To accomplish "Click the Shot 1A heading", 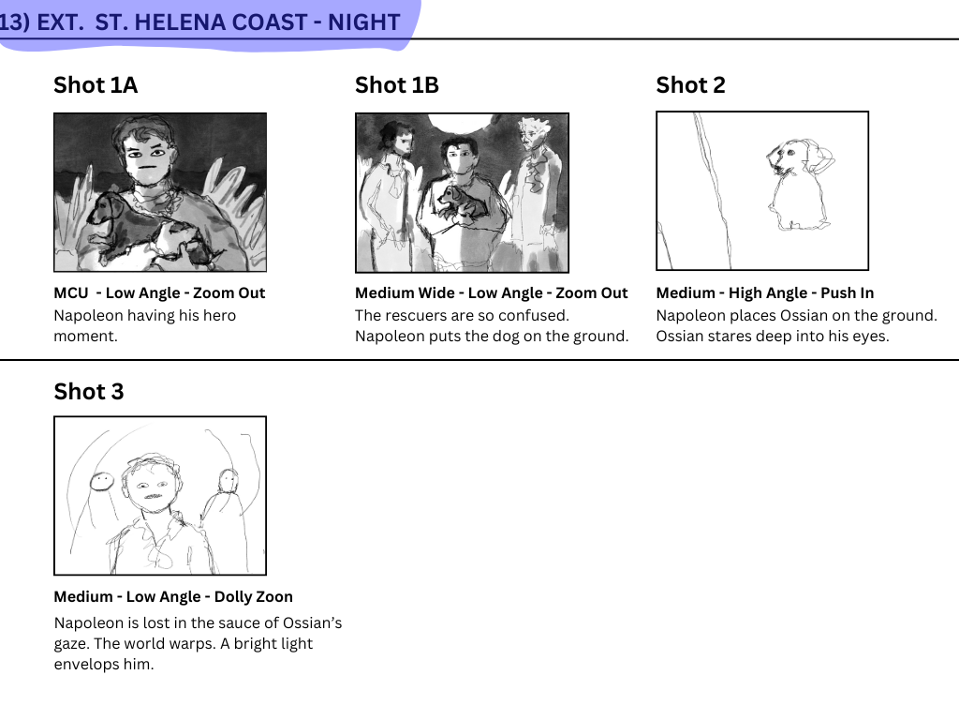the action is pyautogui.click(x=96, y=85).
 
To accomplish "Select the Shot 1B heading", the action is pyautogui.click(x=397, y=85).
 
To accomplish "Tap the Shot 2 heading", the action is pyautogui.click(x=690, y=85).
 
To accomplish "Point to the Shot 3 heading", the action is pyautogui.click(x=89, y=391).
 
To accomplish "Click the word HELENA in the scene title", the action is pyautogui.click(x=170, y=22).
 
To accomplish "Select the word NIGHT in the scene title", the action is pyautogui.click(x=364, y=22).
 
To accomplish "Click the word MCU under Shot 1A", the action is pyautogui.click(x=71, y=293).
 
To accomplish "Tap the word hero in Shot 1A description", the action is pyautogui.click(x=219, y=315).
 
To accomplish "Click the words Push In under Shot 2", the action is pyautogui.click(x=847, y=293).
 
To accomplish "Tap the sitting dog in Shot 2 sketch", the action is pyautogui.click(x=798, y=185).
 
